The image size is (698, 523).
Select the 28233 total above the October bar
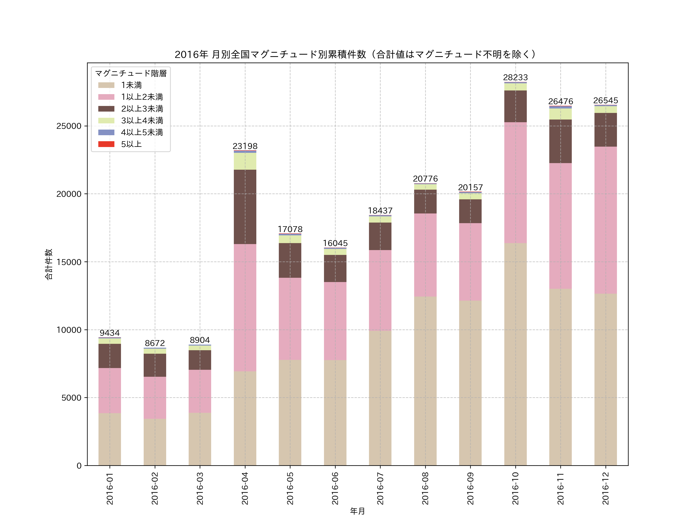pos(515,77)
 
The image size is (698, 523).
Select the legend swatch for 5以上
pos(106,144)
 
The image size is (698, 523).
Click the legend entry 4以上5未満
pos(142,132)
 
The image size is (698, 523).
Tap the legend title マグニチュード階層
pos(131,73)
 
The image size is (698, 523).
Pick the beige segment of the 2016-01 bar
pos(110,439)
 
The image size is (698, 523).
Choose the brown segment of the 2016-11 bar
pos(560,141)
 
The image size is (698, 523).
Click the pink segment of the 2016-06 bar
pos(335,321)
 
